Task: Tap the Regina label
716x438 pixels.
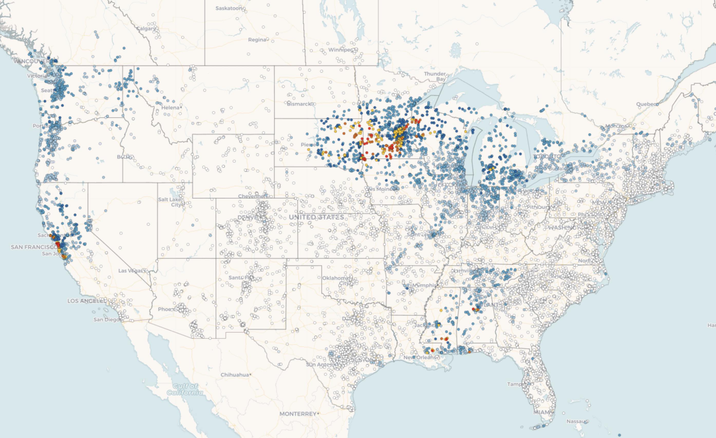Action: click(x=257, y=40)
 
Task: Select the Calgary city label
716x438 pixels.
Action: click(x=146, y=28)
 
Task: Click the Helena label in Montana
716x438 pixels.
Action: click(x=170, y=108)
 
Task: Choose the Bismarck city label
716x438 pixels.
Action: click(x=299, y=104)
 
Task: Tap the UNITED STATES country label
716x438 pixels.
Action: click(x=316, y=217)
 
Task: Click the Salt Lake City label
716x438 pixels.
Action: click(x=170, y=202)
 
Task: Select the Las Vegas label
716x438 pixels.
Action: click(x=130, y=271)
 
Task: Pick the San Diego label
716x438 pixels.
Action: click(x=106, y=319)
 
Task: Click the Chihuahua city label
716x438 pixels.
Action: click(x=234, y=375)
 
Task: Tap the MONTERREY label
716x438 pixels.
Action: click(x=298, y=414)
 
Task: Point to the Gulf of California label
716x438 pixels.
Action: click(x=185, y=389)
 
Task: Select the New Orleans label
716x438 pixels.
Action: click(x=420, y=358)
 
